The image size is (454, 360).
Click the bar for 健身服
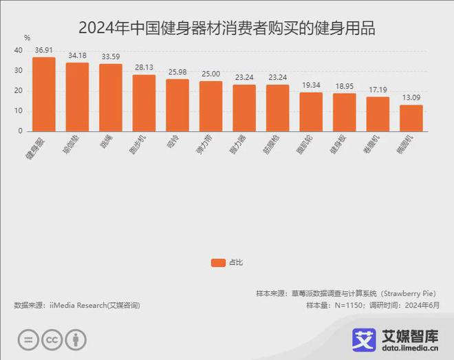click(x=44, y=94)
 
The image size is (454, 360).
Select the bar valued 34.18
click(x=77, y=97)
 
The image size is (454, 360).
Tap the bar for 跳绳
click(x=111, y=98)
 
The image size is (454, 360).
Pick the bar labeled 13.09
click(x=411, y=118)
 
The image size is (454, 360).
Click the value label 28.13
click(x=144, y=68)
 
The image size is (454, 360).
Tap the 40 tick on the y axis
click(x=18, y=51)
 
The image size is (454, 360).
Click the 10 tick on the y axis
click(x=18, y=111)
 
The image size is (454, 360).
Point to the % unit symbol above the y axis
click(x=27, y=37)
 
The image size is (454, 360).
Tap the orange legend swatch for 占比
click(x=218, y=262)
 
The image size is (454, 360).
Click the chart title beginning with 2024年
click(x=227, y=28)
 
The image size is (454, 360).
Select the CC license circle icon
click(x=51, y=340)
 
